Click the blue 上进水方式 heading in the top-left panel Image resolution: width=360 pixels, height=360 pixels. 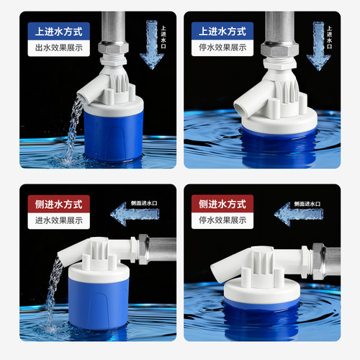[x=58, y=32]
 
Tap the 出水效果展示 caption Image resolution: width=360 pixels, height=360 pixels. [x=59, y=48]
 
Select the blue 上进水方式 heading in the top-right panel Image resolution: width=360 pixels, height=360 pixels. [x=222, y=32]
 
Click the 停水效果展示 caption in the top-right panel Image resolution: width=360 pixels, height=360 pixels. [x=222, y=48]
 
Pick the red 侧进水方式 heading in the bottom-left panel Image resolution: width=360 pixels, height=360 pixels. [x=58, y=204]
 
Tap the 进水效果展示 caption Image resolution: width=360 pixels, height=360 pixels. [x=59, y=220]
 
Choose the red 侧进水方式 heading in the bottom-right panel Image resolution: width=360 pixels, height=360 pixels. [x=222, y=204]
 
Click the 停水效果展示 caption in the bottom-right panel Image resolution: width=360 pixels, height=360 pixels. [x=222, y=220]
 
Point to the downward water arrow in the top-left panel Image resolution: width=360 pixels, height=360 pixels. [x=152, y=45]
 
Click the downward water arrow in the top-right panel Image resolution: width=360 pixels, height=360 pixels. [x=318, y=46]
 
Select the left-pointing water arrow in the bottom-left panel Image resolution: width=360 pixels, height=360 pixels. [x=135, y=214]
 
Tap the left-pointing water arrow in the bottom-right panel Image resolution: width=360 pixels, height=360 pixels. [x=299, y=214]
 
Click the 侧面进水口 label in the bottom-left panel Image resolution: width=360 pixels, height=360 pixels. [x=144, y=203]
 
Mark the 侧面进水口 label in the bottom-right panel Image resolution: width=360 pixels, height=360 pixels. [x=307, y=204]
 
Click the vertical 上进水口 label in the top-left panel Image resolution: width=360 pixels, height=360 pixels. [x=163, y=37]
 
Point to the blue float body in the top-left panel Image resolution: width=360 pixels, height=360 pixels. [x=113, y=137]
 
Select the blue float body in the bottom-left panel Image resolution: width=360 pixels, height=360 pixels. [x=99, y=304]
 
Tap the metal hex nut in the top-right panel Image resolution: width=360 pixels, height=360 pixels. [x=279, y=50]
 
